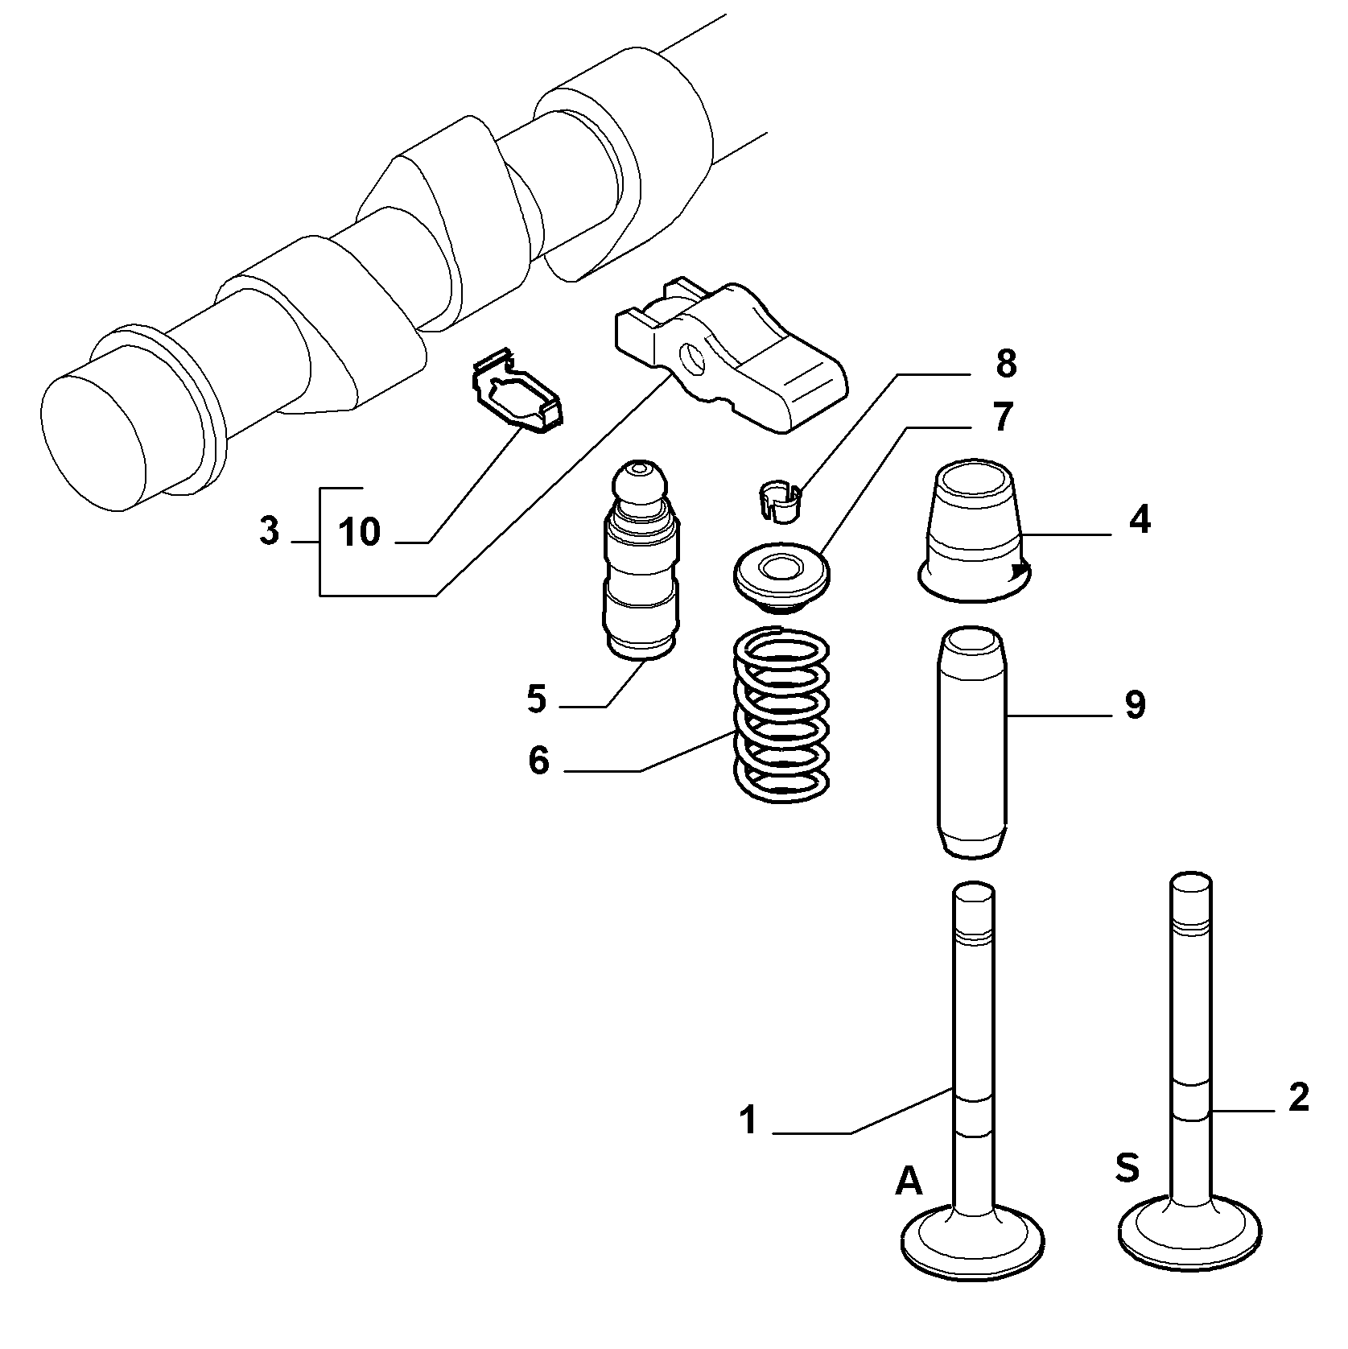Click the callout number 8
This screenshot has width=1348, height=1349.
click(1006, 364)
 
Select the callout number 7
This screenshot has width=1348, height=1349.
click(1002, 418)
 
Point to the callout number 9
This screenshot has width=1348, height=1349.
click(1134, 705)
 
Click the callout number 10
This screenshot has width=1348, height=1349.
click(359, 532)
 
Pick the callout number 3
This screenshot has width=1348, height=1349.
click(270, 531)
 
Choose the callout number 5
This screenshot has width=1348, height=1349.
click(537, 699)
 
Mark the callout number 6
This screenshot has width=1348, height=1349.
click(538, 761)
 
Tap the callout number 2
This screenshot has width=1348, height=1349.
click(1298, 1098)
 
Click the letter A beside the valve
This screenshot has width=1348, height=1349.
click(909, 1182)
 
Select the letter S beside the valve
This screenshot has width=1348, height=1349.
click(1127, 1169)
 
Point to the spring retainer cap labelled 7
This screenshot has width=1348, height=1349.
click(781, 573)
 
